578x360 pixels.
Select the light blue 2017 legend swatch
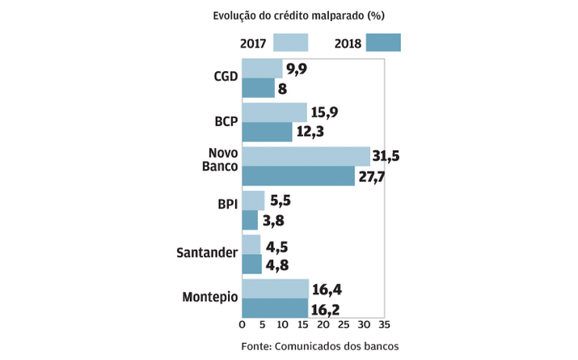click(x=291, y=43)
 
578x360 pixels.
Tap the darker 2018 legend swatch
click(x=383, y=43)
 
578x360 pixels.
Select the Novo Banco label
click(x=222, y=160)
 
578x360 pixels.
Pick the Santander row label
click(x=207, y=253)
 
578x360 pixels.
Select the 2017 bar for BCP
click(x=275, y=112)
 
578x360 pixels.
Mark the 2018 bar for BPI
click(x=250, y=220)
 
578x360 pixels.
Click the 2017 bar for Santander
click(x=251, y=244)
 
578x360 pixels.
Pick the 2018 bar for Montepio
click(x=275, y=308)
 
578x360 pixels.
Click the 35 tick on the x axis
click(x=384, y=325)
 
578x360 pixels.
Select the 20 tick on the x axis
click(x=323, y=325)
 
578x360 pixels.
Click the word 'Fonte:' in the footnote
click(x=258, y=345)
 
